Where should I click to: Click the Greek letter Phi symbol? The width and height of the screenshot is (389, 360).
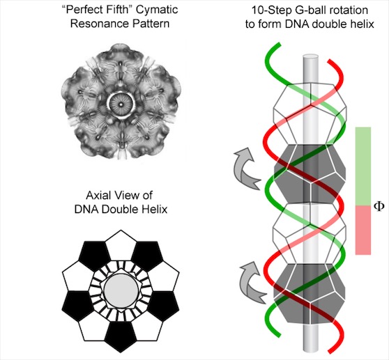(379, 206)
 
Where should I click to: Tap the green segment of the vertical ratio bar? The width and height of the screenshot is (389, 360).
(363, 166)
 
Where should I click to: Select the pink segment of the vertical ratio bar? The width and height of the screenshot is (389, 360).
(363, 230)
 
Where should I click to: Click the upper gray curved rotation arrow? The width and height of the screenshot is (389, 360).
(245, 169)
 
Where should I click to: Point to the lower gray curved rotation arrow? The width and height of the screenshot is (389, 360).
(250, 283)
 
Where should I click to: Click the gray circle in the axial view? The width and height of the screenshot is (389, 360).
(121, 290)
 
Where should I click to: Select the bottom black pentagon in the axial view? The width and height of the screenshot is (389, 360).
(121, 336)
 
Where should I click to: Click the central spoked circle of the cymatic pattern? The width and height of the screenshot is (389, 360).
(121, 104)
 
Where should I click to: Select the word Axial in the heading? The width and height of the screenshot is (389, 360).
(98, 196)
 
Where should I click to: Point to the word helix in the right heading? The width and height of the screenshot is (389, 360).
(363, 24)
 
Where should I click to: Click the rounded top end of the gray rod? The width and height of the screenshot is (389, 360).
(311, 58)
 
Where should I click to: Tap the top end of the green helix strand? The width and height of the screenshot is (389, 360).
(279, 45)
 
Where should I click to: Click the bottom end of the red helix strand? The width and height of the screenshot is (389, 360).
(331, 351)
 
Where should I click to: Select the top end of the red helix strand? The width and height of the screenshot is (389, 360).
(330, 61)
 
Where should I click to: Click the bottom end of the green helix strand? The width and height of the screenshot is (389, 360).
(278, 335)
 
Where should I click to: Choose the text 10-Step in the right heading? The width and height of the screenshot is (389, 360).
(269, 10)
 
